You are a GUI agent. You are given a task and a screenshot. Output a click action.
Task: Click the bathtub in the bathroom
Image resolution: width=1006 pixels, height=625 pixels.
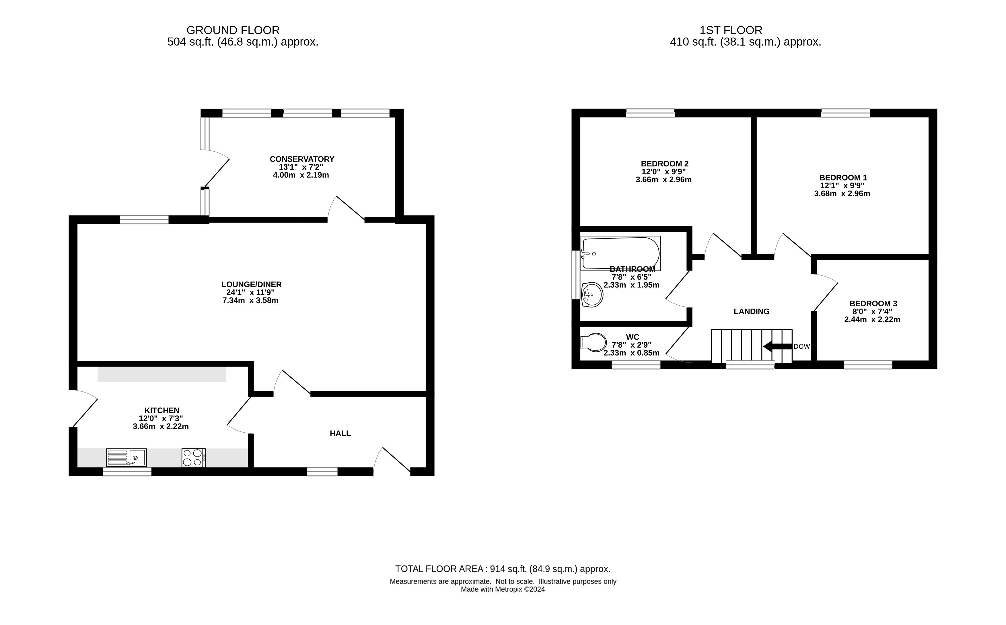[x=620, y=253]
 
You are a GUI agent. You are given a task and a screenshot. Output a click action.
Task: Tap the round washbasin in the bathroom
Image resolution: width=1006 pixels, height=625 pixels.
[x=592, y=295]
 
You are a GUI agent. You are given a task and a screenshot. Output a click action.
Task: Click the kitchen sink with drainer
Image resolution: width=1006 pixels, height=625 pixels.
[x=126, y=458]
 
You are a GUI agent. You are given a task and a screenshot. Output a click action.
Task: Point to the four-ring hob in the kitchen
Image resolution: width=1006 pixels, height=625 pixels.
[x=194, y=458]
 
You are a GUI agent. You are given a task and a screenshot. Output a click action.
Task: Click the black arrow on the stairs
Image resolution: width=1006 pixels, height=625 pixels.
[x=777, y=346]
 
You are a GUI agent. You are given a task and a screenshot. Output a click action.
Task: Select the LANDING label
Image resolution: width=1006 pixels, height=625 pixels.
[x=752, y=311]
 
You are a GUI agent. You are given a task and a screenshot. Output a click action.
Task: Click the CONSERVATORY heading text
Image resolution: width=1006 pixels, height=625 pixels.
[x=302, y=159]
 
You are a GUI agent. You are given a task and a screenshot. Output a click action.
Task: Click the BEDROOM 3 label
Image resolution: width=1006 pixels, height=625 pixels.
[x=873, y=303]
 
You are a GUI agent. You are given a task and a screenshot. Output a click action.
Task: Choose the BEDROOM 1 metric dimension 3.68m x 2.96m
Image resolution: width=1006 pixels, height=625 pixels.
[x=842, y=193]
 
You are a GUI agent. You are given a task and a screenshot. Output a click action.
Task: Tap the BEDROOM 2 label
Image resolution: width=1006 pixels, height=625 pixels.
[x=665, y=164]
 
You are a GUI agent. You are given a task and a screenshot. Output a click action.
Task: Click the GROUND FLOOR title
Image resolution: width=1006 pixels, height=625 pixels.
[x=233, y=30]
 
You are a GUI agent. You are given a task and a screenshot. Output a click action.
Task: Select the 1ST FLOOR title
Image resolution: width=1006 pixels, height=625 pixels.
[x=731, y=30]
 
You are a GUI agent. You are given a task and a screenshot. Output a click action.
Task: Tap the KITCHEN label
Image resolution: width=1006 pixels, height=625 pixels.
[x=162, y=410]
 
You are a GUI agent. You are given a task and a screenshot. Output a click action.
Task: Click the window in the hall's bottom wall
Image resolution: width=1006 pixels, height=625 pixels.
[x=322, y=472]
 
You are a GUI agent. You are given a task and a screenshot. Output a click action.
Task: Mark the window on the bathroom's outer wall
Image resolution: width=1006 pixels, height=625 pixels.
[x=575, y=275]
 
